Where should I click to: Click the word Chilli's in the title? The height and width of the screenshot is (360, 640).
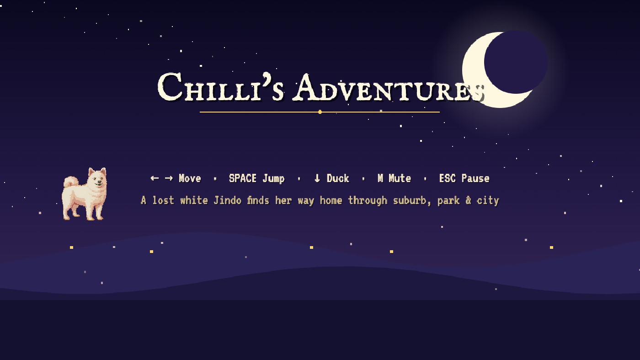[221, 86]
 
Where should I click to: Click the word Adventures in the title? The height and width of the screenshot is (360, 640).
[389, 88]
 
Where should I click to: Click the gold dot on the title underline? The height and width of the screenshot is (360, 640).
[320, 112]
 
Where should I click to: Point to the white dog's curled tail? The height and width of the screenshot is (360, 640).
[70, 182]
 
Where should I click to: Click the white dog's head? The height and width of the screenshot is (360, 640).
[97, 178]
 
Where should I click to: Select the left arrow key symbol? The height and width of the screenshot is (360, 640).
[155, 178]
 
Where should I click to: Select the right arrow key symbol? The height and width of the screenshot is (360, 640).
[169, 178]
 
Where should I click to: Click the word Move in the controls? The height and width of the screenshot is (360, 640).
[190, 178]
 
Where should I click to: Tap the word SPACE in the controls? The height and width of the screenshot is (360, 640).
[243, 178]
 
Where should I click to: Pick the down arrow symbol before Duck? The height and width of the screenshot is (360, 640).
[317, 178]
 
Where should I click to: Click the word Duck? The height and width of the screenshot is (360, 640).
[338, 178]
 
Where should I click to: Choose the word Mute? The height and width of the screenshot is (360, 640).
[400, 178]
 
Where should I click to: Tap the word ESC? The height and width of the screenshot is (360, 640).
[448, 178]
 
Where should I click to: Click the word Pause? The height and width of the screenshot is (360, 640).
[476, 178]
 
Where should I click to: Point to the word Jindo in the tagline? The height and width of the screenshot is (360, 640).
[228, 200]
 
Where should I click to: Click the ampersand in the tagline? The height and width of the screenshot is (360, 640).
[468, 200]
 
